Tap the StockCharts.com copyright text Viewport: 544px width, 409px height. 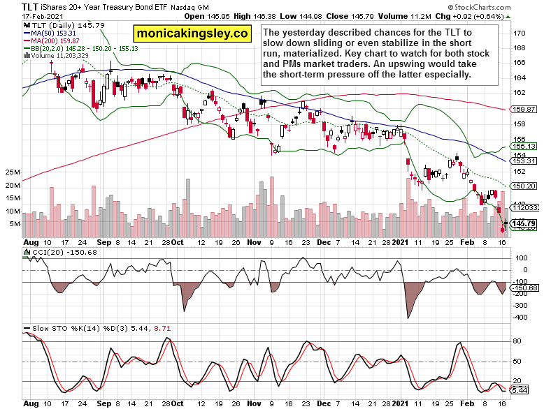pos(501,6)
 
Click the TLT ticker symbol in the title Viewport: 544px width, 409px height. pos(13,6)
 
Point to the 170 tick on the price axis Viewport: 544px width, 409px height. pos(520,33)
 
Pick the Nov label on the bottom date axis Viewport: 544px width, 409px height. pos(252,403)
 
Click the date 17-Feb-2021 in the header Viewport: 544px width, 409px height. pos(24,15)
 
